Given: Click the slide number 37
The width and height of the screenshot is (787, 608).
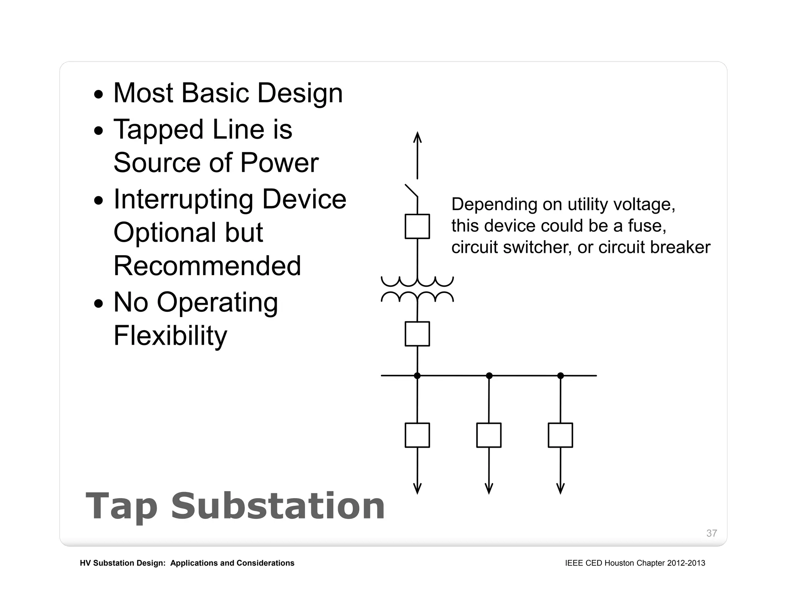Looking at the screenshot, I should (x=711, y=533).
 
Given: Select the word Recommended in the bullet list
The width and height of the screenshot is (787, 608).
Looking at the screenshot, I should (x=207, y=266).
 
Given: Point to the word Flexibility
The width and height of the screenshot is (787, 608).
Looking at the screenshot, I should (x=170, y=336).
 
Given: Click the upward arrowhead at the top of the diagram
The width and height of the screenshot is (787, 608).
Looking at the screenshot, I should (x=417, y=137).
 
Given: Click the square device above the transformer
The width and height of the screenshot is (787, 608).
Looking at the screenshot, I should (x=417, y=226).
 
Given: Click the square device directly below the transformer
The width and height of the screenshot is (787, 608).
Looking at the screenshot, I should (x=417, y=334).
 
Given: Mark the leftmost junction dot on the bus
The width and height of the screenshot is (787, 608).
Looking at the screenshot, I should (x=417, y=375).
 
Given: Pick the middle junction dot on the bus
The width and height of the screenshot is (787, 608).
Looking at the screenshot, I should (x=489, y=375).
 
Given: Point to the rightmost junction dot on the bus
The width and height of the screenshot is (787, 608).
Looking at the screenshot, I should (x=561, y=375).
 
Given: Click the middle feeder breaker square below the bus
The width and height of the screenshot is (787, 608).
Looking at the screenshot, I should (x=489, y=435).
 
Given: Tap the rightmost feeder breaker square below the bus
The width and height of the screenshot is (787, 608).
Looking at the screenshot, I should (x=560, y=435).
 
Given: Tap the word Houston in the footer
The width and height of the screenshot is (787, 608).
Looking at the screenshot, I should (x=619, y=563).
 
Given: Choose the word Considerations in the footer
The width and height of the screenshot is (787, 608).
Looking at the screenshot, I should (x=265, y=563).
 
